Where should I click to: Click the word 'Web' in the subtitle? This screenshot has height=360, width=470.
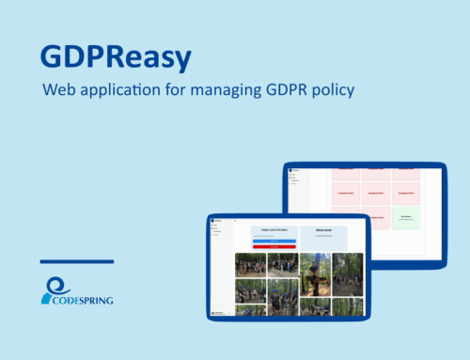[58, 92]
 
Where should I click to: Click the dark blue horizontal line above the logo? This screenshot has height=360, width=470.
[77, 261]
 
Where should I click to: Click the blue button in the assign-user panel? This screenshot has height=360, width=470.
[273, 241]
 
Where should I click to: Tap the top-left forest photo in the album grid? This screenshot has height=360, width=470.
[250, 265]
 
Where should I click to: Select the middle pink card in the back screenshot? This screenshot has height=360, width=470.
[376, 192]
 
